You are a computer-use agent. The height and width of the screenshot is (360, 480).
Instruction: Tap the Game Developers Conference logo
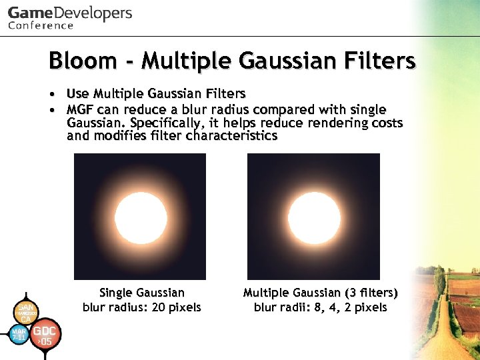point(70,17)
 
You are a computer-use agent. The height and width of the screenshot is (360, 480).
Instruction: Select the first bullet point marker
point(51,94)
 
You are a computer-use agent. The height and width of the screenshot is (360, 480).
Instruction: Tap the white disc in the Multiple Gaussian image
point(313,217)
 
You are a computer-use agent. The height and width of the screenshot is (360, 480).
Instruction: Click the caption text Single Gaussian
point(141,293)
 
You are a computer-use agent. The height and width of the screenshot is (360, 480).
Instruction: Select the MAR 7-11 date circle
point(19,334)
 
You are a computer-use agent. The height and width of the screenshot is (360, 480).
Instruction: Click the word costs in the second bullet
point(386,123)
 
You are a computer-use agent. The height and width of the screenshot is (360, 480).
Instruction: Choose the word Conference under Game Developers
point(41,25)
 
